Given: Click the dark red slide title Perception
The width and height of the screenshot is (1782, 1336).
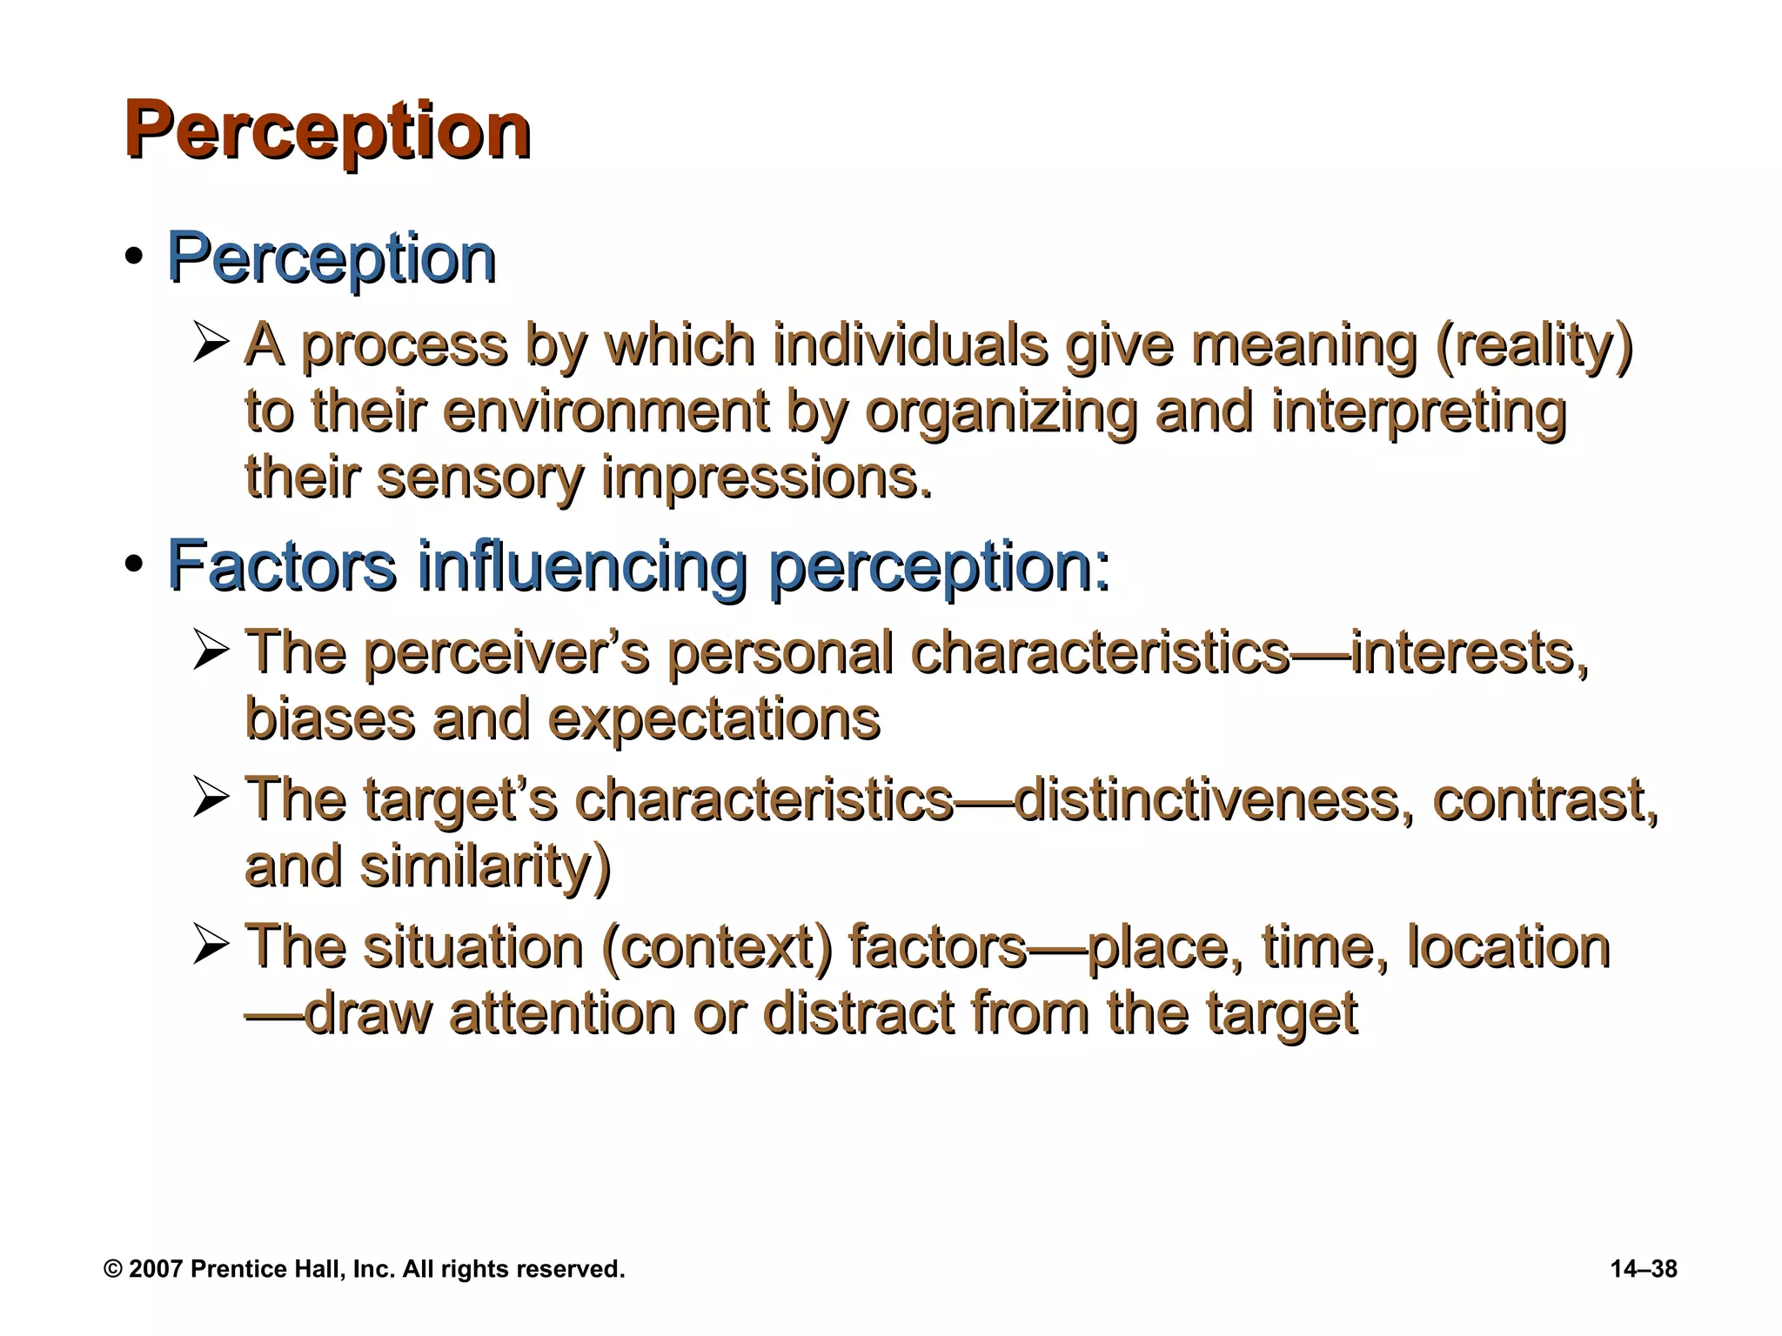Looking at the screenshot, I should click(327, 131).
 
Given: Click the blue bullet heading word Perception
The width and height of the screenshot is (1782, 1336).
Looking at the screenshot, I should click(331, 258).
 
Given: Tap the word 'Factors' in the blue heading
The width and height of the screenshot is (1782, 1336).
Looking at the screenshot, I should click(281, 565).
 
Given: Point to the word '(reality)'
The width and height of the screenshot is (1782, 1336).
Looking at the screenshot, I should click(1533, 346).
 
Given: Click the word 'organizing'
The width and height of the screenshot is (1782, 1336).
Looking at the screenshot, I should click(1001, 412).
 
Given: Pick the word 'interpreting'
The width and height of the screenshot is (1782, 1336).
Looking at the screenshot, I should click(1418, 412).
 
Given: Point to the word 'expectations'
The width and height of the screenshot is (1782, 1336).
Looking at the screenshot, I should click(713, 720).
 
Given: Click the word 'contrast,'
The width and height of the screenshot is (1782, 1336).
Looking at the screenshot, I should click(1545, 800).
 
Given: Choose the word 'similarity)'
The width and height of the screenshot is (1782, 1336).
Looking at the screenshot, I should click(486, 866).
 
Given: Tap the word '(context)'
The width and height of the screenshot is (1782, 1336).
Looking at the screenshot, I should click(716, 948).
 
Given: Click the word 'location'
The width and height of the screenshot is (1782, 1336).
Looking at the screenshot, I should click(1509, 948).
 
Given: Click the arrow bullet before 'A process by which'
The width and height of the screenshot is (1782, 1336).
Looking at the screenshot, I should click(211, 344).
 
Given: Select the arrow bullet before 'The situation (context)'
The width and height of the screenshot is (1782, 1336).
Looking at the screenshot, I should click(211, 946).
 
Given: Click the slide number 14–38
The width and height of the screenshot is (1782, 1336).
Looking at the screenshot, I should click(1644, 1269).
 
